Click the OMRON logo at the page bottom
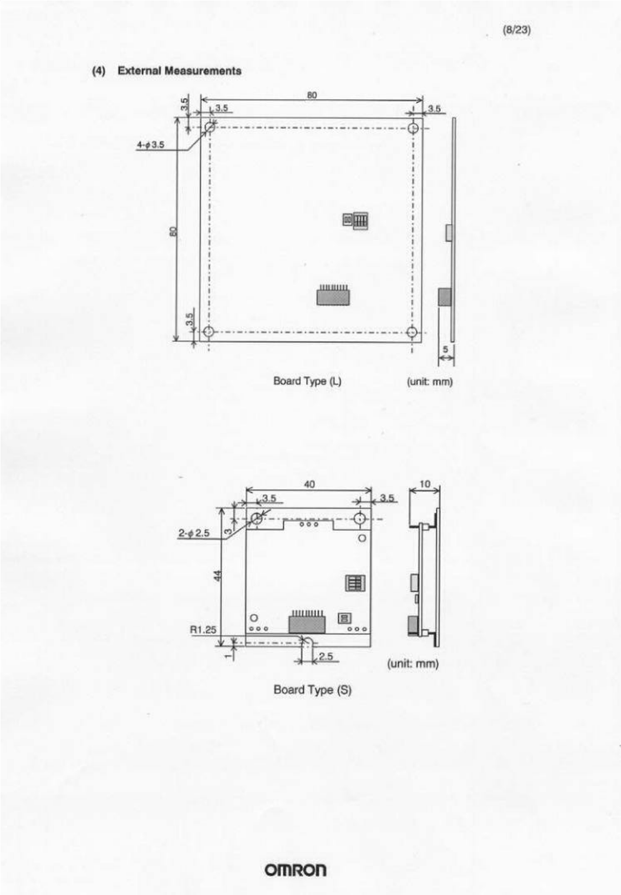click(296, 870)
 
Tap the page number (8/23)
click(517, 30)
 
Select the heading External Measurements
click(180, 71)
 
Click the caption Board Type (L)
click(307, 381)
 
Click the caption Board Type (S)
click(312, 690)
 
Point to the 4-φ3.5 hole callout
click(151, 145)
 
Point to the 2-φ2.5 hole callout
click(194, 533)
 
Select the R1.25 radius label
click(202, 630)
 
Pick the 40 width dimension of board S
click(309, 484)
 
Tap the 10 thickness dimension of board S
click(425, 484)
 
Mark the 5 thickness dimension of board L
click(446, 349)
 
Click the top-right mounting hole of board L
click(413, 128)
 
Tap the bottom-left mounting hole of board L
click(208, 332)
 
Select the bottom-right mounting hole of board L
click(412, 332)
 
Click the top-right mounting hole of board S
click(360, 518)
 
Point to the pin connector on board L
click(333, 295)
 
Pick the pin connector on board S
click(307, 621)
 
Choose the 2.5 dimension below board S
click(326, 656)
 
